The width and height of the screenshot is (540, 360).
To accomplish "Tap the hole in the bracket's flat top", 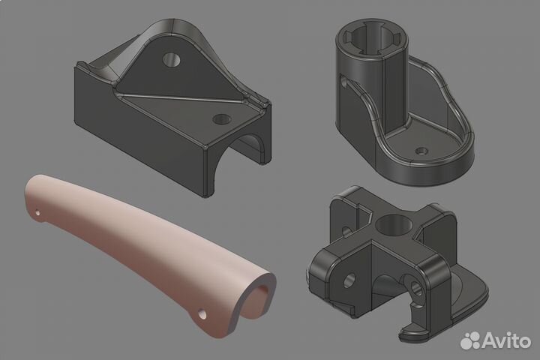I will [x=221, y=118].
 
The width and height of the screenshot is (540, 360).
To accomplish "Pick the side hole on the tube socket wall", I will [x=343, y=82].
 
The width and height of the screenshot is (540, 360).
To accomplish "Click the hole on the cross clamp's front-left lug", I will [x=349, y=280].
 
